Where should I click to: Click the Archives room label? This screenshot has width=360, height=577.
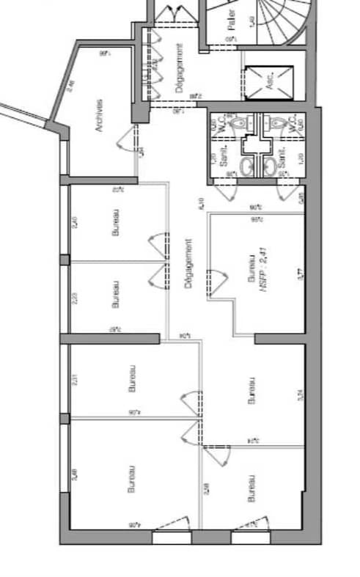coord(98,116)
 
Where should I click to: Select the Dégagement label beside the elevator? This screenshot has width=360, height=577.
coord(180,67)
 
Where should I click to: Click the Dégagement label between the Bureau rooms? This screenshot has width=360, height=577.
coord(188,265)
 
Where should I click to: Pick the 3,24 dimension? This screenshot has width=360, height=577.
coord(298,397)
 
